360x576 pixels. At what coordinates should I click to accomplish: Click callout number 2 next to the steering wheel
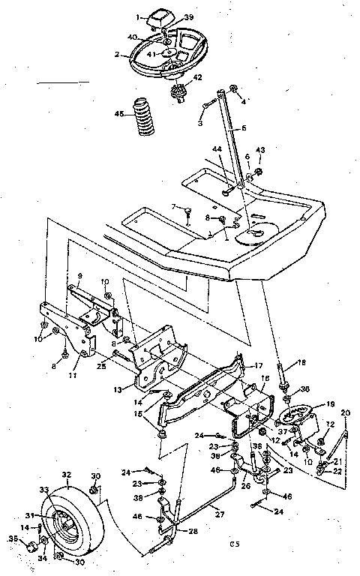tap(117, 55)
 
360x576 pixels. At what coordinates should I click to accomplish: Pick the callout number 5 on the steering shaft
tap(243, 128)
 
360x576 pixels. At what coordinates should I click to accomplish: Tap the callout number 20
tap(345, 412)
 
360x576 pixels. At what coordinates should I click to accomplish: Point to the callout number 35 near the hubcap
tap(11, 538)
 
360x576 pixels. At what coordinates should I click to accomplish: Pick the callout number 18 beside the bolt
tap(301, 362)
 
